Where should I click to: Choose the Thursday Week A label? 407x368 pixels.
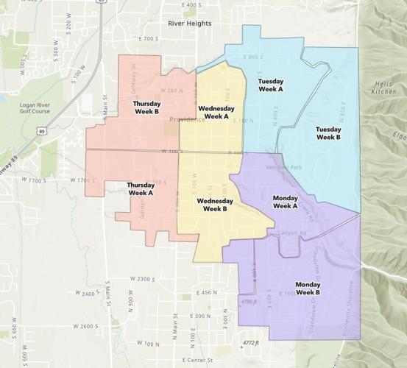140,188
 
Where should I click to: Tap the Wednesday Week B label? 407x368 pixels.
214,204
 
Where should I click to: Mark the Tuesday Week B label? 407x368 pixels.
328,133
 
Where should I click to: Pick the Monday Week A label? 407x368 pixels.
285,202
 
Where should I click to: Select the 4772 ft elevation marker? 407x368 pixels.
252,343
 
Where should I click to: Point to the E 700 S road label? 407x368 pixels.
147,38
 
